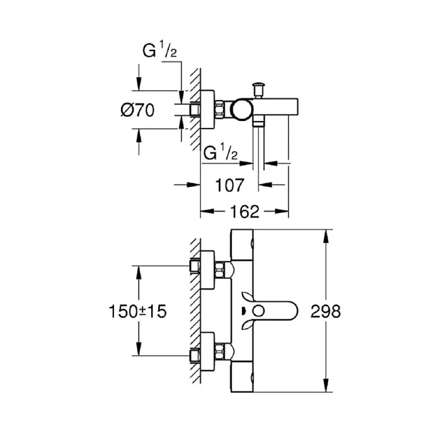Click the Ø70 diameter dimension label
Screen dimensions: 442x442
tap(137, 110)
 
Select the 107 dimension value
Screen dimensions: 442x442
tap(229, 185)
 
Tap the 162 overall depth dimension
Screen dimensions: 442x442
tap(245, 212)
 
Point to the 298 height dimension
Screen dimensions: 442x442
tap(325, 311)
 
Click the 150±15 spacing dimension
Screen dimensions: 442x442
tap(137, 311)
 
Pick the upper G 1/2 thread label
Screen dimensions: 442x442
tap(160, 49)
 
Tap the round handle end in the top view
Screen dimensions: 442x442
tap(242, 110)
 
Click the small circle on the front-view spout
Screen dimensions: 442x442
tap(258, 311)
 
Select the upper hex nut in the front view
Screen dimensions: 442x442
tap(220, 270)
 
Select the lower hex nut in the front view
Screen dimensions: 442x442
tap(220, 351)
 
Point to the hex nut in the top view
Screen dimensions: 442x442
tap(220, 110)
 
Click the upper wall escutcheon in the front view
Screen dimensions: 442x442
tap(207, 270)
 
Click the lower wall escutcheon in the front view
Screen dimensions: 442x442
tap(207, 351)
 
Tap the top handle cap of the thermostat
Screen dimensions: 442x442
tap(242, 244)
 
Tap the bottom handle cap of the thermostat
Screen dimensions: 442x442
tap(242, 377)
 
